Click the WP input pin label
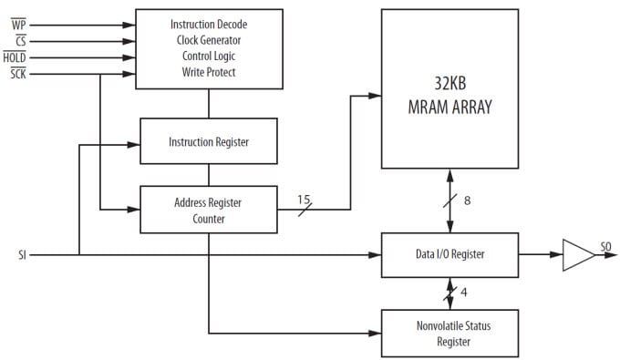(18, 25)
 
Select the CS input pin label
(19, 40)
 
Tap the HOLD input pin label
(15, 57)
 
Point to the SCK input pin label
(18, 73)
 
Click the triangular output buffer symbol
(576, 254)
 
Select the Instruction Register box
(208, 142)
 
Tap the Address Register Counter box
(208, 210)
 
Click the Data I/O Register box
(449, 254)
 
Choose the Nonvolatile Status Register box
(449, 334)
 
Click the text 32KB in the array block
(449, 87)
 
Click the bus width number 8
(467, 201)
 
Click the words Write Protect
(208, 73)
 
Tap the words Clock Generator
(208, 40)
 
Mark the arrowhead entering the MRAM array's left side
(375, 95)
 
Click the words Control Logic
(208, 57)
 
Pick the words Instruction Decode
(208, 24)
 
